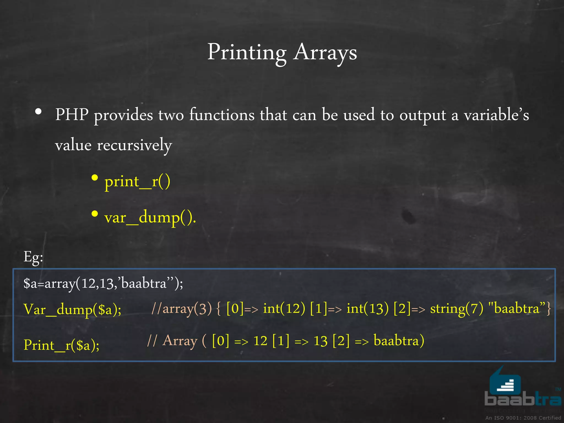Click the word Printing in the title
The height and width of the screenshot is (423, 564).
point(247,52)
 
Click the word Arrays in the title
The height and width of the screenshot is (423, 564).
point(325,52)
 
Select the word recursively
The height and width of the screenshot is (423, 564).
point(134,145)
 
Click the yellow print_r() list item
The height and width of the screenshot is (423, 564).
point(137,182)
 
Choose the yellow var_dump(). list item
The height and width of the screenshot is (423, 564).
point(150,218)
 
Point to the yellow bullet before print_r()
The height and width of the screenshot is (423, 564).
point(95,178)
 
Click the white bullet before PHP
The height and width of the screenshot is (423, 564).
point(39,112)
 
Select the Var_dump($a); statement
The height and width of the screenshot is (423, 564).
point(72,309)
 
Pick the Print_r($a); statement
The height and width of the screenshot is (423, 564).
point(61,345)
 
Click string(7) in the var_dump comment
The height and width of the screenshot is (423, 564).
point(457,309)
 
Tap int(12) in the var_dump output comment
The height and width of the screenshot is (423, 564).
point(284,309)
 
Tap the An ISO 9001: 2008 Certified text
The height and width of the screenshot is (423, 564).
point(523,418)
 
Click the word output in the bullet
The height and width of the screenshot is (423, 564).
point(422,115)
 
